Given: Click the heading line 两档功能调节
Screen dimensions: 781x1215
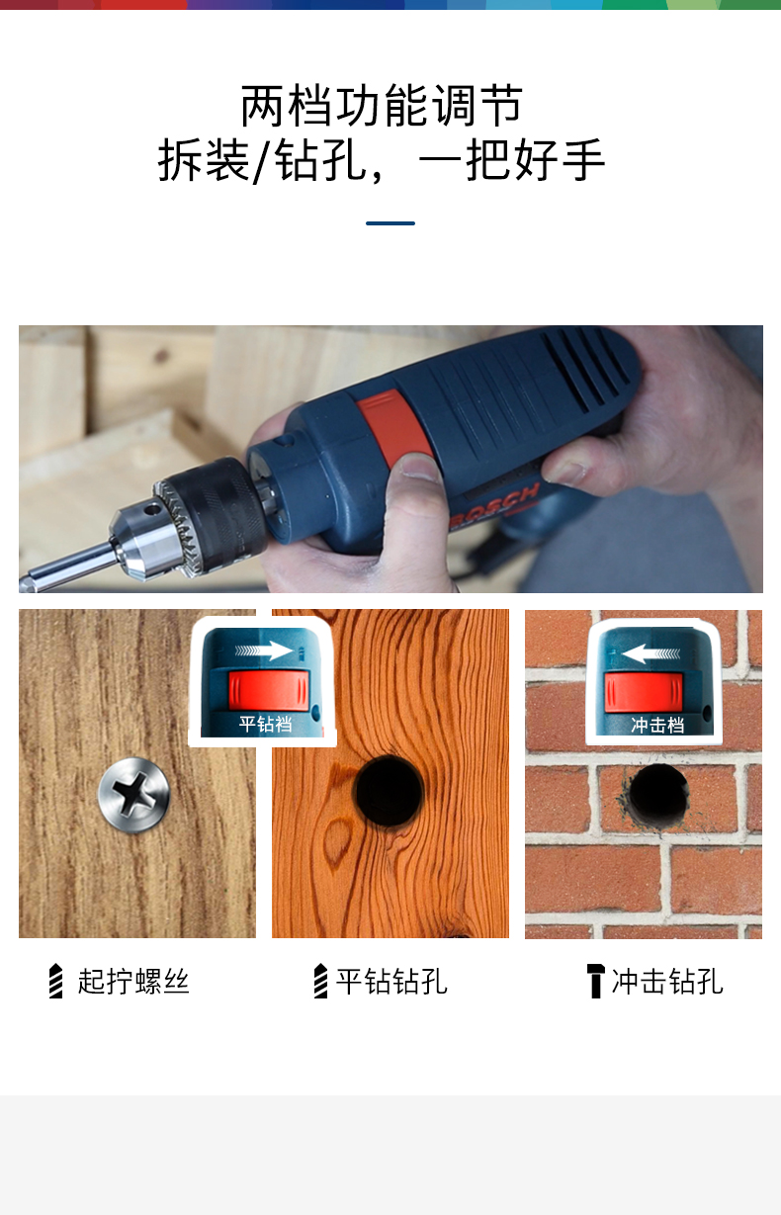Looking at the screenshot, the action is (x=382, y=105).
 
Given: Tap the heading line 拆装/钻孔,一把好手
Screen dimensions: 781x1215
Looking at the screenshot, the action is (x=382, y=160).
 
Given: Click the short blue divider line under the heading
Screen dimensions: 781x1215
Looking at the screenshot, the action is (x=390, y=223).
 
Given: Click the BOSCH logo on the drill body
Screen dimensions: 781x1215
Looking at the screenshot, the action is (x=493, y=507).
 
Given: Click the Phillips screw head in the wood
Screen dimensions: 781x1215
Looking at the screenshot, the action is (x=134, y=795).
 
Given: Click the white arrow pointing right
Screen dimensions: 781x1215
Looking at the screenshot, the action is (x=264, y=651).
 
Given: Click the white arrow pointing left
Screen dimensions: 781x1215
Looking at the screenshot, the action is (x=651, y=653).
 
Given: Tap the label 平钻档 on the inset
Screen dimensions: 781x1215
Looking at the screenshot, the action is (x=266, y=724).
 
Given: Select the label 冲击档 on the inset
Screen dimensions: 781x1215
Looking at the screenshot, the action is (x=657, y=726).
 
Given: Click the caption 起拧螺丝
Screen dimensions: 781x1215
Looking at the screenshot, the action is (x=133, y=982).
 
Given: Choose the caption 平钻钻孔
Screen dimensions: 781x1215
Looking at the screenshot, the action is (x=391, y=982).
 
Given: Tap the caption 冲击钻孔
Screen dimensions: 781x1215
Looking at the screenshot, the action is (x=667, y=982).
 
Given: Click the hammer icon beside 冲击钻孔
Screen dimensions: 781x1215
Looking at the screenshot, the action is (x=595, y=981).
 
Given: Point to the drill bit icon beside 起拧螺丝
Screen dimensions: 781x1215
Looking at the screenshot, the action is (x=56, y=981).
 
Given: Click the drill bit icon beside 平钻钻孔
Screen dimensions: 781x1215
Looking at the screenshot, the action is (x=320, y=981).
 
